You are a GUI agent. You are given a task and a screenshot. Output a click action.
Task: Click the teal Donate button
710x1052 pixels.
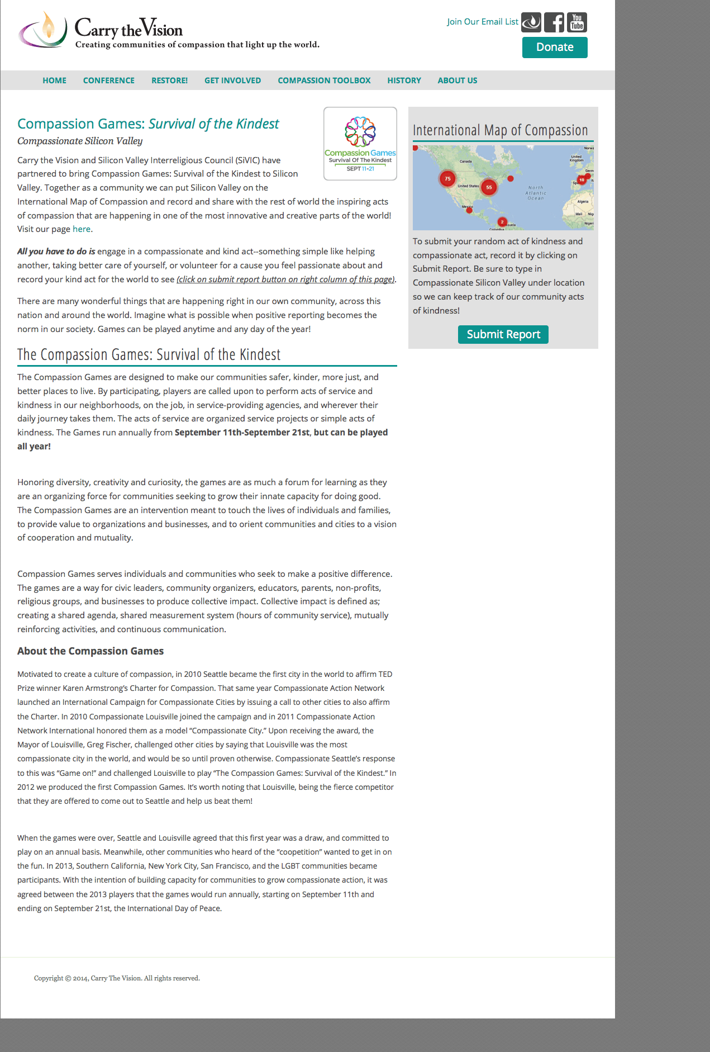pyautogui.click(x=554, y=48)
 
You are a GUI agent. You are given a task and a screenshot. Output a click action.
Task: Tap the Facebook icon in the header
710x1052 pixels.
pyautogui.click(x=554, y=22)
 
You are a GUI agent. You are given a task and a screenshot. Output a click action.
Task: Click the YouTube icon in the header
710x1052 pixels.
pyautogui.click(x=577, y=22)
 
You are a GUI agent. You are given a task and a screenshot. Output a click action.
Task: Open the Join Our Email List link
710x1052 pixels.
pyautogui.click(x=482, y=22)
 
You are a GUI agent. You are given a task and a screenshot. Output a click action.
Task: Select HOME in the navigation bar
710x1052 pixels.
pyautogui.click(x=54, y=80)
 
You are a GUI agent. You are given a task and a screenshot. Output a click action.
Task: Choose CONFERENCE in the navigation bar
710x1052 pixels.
pyautogui.click(x=109, y=80)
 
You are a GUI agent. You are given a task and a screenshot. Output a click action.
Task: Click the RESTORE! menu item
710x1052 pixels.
pyautogui.click(x=169, y=80)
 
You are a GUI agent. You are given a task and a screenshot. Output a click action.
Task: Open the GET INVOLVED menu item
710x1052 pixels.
pyautogui.click(x=232, y=80)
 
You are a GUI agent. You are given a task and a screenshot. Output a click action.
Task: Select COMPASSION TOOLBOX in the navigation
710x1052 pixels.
pyautogui.click(x=324, y=80)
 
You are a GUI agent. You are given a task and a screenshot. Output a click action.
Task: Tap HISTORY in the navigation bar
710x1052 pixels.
pyautogui.click(x=404, y=80)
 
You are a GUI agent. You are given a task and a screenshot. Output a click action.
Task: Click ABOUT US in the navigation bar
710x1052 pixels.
pyautogui.click(x=457, y=80)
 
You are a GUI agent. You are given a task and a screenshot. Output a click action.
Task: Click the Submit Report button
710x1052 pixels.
pyautogui.click(x=503, y=334)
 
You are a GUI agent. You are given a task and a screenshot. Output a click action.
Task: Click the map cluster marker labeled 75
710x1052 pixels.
pyautogui.click(x=447, y=179)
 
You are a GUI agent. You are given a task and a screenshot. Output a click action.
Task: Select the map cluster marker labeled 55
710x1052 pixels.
pyautogui.click(x=489, y=187)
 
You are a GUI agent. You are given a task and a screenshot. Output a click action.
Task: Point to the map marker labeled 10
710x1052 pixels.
pyautogui.click(x=582, y=180)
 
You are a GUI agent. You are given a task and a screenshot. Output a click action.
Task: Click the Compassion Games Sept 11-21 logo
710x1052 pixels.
pyautogui.click(x=360, y=144)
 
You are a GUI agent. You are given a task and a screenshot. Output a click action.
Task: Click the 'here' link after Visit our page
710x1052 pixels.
pyautogui.click(x=81, y=229)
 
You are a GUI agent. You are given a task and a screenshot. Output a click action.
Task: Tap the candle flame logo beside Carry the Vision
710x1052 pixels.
pyautogui.click(x=44, y=29)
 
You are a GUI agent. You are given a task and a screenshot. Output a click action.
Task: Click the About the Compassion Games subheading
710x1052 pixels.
pyautogui.click(x=90, y=651)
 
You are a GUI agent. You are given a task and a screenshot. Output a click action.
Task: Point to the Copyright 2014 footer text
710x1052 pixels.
pyautogui.click(x=117, y=978)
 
